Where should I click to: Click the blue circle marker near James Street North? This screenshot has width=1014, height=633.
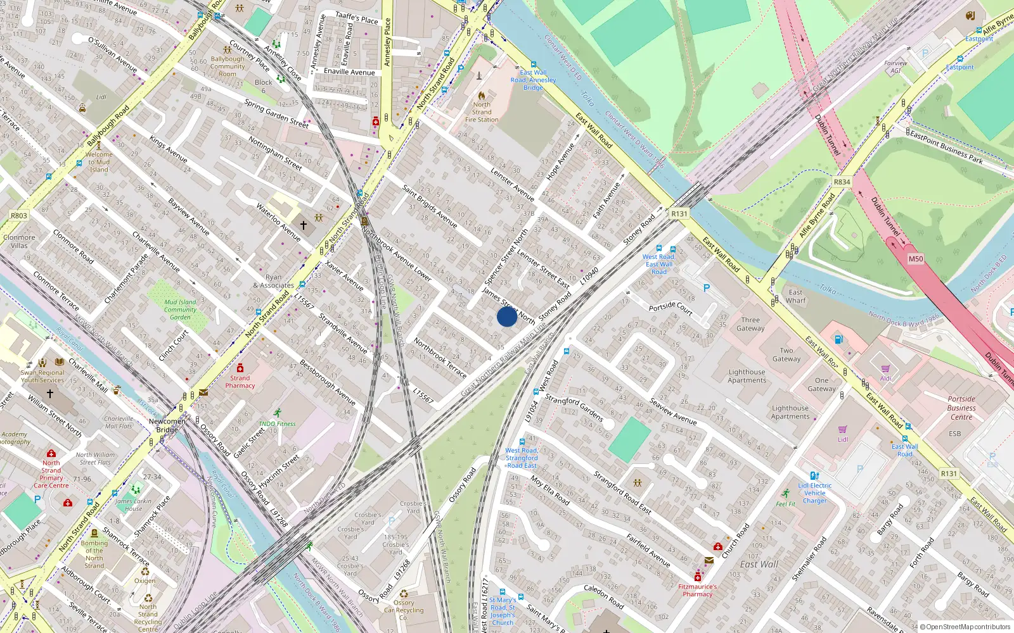tap(506, 316)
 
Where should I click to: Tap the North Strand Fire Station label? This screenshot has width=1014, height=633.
tap(482, 112)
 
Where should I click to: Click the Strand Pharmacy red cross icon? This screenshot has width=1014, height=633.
tap(240, 368)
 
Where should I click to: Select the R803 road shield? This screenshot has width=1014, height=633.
tap(19, 215)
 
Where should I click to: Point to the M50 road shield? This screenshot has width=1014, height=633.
tap(916, 259)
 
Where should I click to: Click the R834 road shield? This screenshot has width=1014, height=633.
tap(842, 182)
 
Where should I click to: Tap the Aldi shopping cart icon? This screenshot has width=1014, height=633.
tap(885, 368)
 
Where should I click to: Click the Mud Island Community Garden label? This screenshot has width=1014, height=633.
tap(180, 310)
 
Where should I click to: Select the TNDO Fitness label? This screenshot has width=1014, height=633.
tap(277, 423)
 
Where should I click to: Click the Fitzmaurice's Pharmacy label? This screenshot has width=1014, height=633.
tap(698, 590)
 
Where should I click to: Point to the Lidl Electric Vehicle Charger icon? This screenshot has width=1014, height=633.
tap(814, 475)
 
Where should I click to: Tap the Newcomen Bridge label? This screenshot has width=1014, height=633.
tap(167, 425)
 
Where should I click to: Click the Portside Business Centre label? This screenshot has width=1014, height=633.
tap(961, 408)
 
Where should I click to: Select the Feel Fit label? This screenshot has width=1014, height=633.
tap(786, 504)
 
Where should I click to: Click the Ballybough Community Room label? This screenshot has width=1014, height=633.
tap(228, 66)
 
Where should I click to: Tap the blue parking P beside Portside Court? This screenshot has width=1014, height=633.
tap(707, 288)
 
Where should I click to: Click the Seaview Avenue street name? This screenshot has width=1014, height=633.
tap(672, 411)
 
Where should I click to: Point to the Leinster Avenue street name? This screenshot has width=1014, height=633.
tap(513, 184)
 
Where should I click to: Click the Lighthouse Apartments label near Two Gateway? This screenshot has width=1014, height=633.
tap(747, 376)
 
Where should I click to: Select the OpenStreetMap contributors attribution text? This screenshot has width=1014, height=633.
tap(968, 627)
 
